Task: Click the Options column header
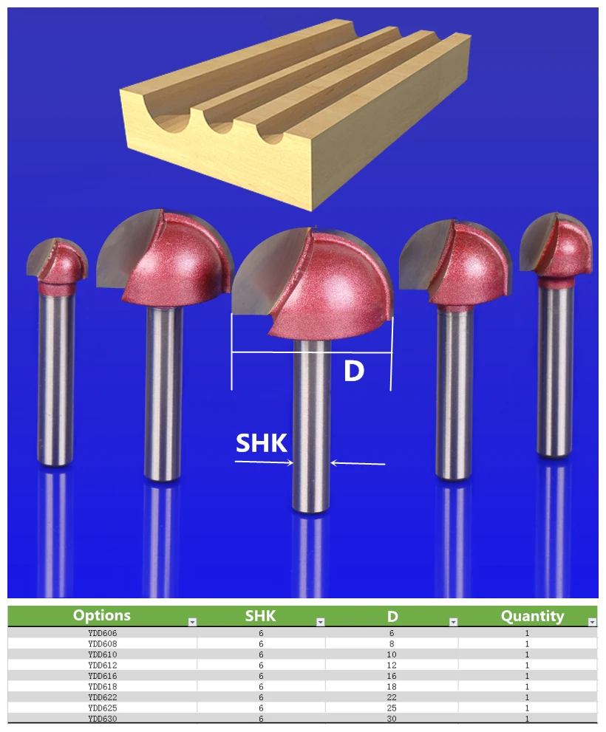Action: pos(102,615)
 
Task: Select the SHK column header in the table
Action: pos(260,616)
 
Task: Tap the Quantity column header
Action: pos(532,616)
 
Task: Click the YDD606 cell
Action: pos(102,633)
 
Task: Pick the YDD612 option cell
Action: pos(102,665)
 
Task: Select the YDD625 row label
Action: pos(102,708)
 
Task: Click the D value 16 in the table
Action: pos(392,676)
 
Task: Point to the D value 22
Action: pos(392,697)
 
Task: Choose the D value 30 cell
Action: pos(392,719)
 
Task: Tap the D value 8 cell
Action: pos(392,644)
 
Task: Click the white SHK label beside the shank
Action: pos(261,443)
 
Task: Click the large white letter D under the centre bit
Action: pos(354,371)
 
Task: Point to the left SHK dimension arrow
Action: pos(264,462)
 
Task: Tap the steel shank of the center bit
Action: pos(311,425)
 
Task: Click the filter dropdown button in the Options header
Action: pos(192,622)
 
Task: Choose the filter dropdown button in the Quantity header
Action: pos(592,622)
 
